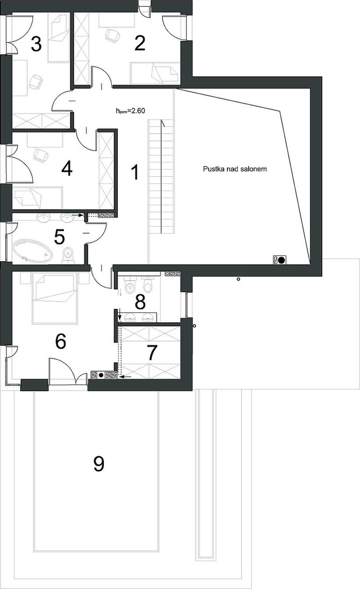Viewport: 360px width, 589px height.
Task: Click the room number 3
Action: click(x=36, y=44)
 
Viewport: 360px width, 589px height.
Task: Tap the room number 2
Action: click(x=140, y=43)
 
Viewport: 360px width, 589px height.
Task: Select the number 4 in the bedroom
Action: click(x=67, y=169)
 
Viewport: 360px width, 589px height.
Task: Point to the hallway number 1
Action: click(x=135, y=172)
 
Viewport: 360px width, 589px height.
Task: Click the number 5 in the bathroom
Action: click(x=59, y=236)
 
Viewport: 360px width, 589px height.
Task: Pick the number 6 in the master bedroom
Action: click(x=61, y=341)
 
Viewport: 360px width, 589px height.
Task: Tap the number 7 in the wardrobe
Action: click(x=152, y=353)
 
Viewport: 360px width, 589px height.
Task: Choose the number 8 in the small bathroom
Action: click(x=140, y=302)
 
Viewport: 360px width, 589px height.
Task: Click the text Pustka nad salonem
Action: click(x=235, y=169)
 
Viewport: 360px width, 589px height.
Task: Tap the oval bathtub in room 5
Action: click(x=32, y=250)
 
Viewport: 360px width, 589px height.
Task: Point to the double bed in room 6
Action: click(x=54, y=298)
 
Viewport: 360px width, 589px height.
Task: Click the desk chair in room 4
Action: click(x=41, y=155)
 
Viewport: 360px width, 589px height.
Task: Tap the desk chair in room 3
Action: click(x=36, y=82)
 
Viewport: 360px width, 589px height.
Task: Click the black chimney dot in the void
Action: click(x=281, y=260)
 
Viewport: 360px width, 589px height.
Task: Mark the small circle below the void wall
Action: click(x=238, y=279)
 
